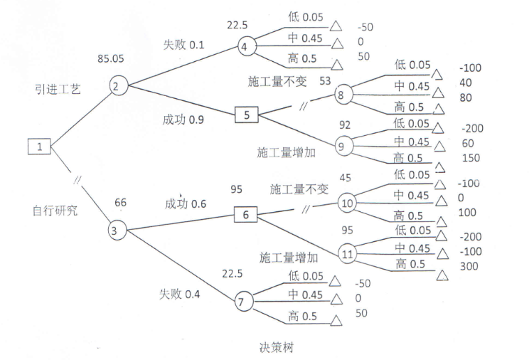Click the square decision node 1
click(40, 147)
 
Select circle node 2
click(118, 85)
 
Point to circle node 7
click(243, 302)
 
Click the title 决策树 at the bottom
click(276, 348)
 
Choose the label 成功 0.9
click(183, 120)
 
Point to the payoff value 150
click(470, 157)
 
